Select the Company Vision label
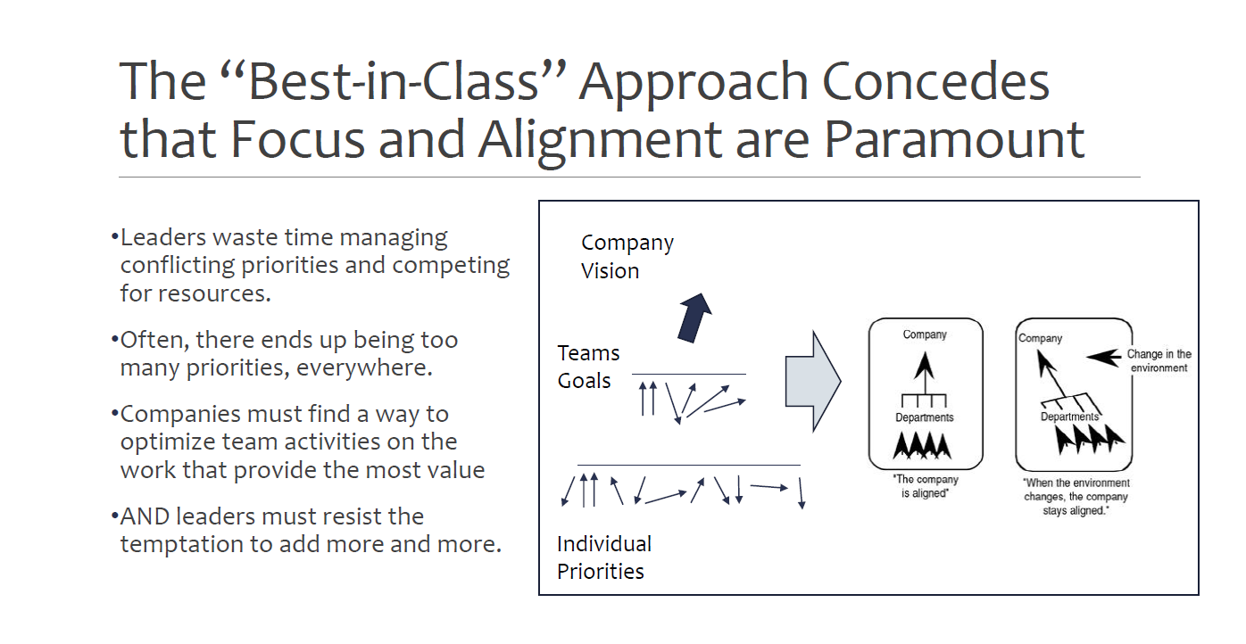tap(627, 257)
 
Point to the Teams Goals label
tap(588, 367)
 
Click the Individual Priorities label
tap(604, 557)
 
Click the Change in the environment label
tap(1159, 361)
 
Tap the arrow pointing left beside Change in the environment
tap(1103, 358)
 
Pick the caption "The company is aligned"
tap(925, 486)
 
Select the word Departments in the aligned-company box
tap(925, 417)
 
